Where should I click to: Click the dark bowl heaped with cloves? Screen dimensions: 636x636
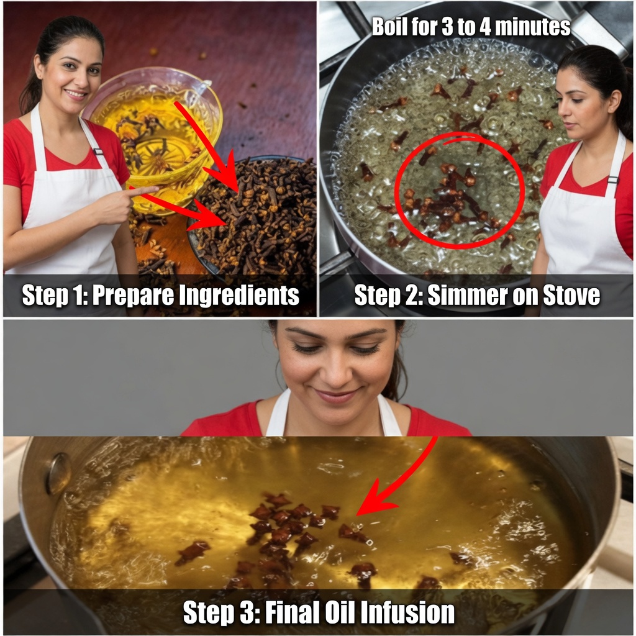252,215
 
